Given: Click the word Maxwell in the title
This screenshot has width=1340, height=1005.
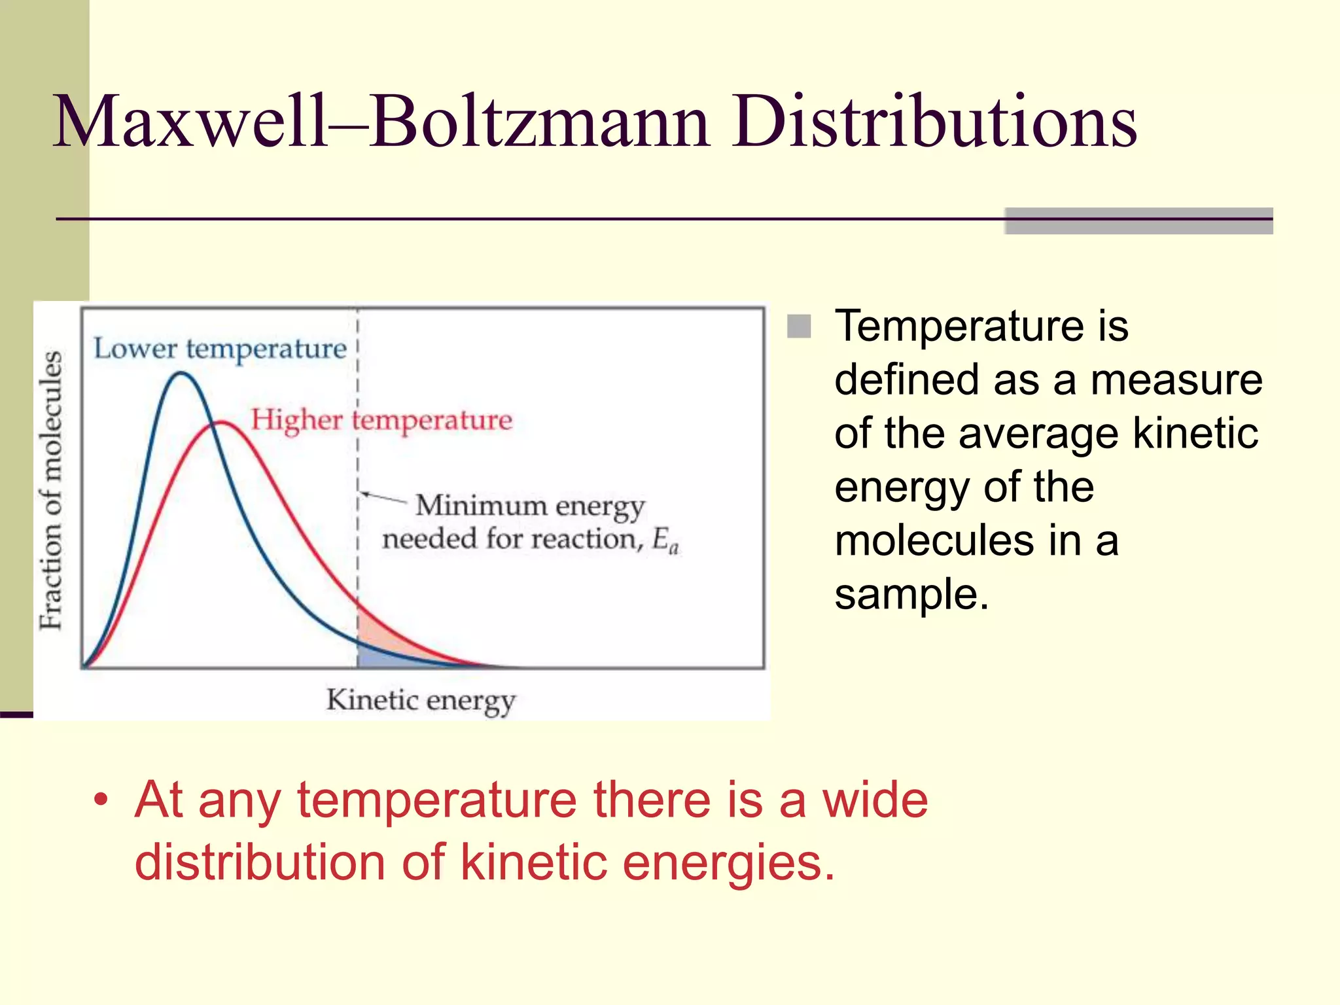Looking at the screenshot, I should pyautogui.click(x=190, y=122).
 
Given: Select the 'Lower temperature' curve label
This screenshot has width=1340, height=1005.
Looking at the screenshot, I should pyautogui.click(x=220, y=349).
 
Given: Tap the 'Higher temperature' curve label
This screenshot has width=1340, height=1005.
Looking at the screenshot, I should pyautogui.click(x=381, y=420).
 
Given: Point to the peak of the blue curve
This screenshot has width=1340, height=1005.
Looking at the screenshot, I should pyautogui.click(x=181, y=374).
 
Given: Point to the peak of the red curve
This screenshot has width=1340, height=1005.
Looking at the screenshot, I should pyautogui.click(x=221, y=423).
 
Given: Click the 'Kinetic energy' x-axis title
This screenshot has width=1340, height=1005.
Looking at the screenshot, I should pyautogui.click(x=421, y=701).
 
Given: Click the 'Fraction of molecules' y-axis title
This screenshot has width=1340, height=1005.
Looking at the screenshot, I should pyautogui.click(x=51, y=491).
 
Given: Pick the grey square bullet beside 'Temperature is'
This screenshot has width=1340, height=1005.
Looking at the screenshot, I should pyautogui.click(x=799, y=326).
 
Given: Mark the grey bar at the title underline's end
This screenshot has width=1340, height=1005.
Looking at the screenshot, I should pyautogui.click(x=1138, y=220).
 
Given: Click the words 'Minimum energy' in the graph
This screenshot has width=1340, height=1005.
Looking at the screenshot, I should pyautogui.click(x=530, y=506).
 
